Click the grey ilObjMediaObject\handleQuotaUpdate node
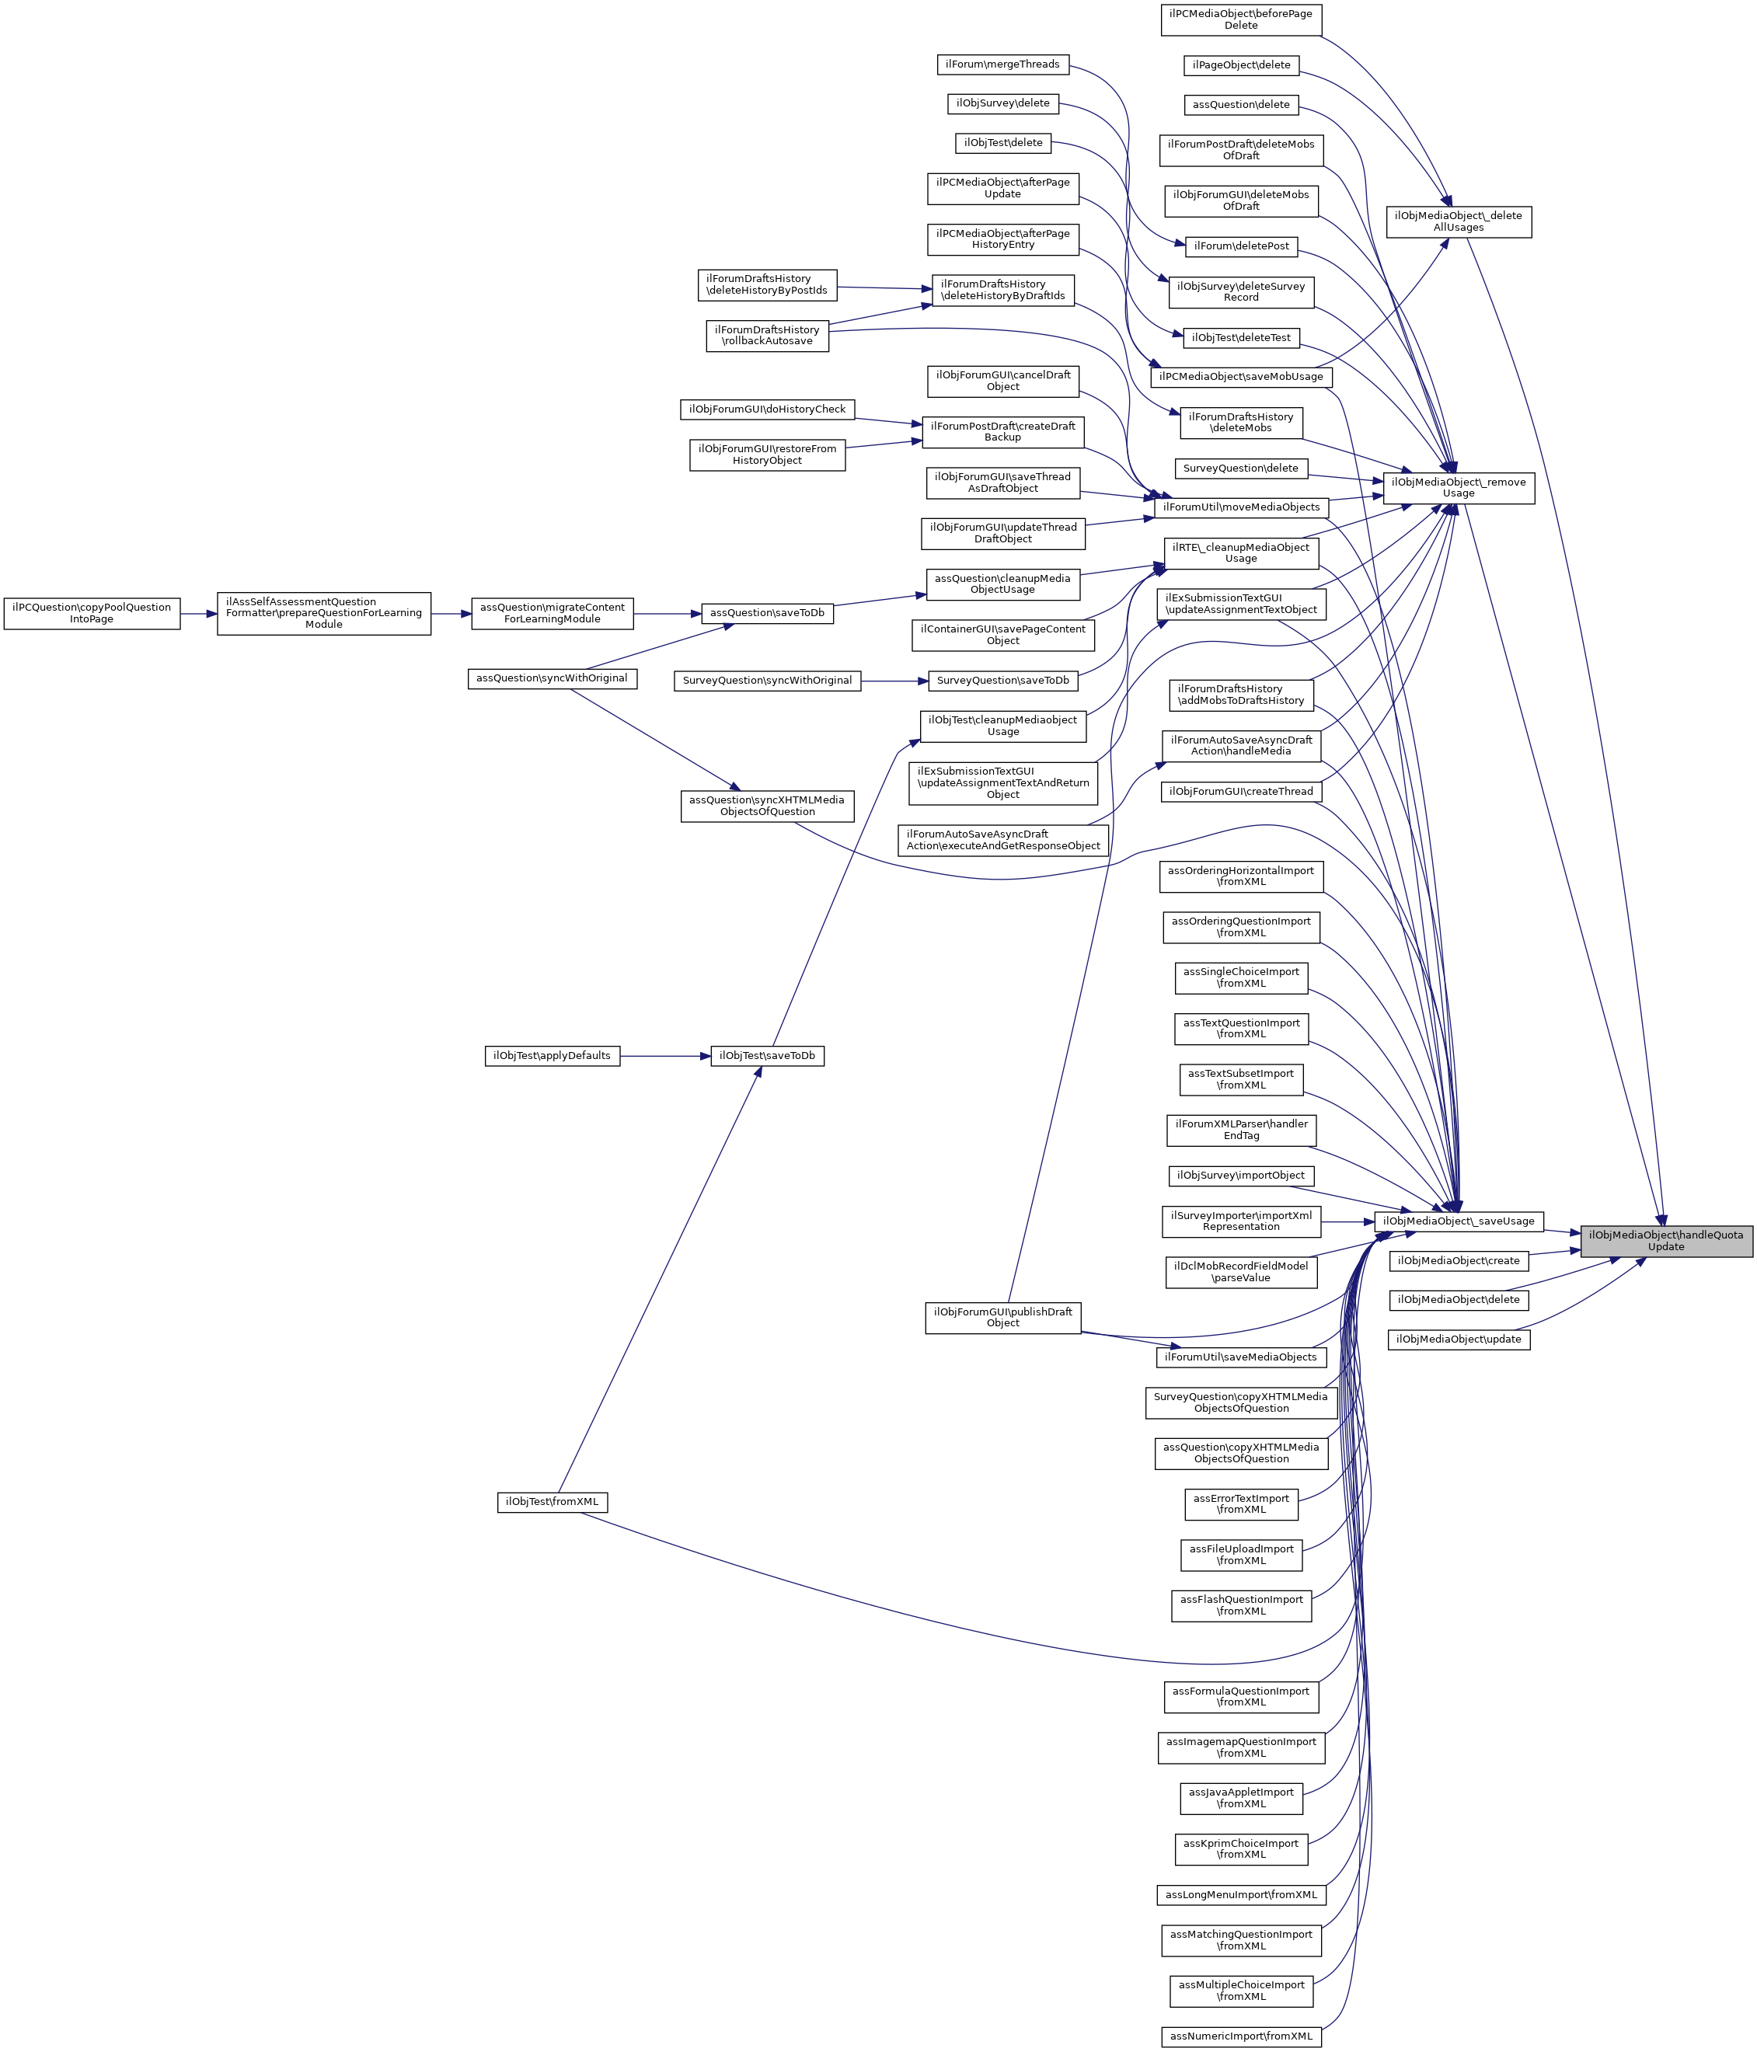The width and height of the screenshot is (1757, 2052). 1666,1241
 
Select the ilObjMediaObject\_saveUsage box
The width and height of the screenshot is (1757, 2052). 1458,1221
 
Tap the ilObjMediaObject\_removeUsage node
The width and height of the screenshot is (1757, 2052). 1458,487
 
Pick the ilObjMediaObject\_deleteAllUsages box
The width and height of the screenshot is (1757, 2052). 1458,222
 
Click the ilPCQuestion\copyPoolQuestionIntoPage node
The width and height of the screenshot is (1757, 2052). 91,613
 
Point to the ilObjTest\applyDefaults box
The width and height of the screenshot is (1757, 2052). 552,1056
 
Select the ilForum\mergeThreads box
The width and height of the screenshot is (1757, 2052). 1002,64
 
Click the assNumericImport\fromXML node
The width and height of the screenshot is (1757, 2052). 1240,2036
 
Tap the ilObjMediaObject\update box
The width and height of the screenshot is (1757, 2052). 1458,1339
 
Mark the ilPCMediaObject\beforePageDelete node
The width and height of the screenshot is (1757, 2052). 1240,19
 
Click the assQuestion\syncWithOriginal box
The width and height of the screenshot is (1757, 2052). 552,678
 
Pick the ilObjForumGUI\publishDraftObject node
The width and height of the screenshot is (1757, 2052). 1002,1317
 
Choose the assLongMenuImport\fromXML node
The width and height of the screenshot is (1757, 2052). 1240,1894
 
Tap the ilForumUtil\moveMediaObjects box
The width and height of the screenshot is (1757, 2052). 1240,507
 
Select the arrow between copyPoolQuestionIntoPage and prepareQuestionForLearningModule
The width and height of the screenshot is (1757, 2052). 198,613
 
